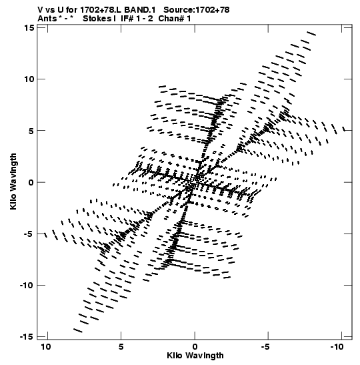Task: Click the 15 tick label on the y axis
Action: pyautogui.click(x=29, y=28)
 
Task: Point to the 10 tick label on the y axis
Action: pyautogui.click(x=29, y=79)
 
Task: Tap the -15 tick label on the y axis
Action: pyautogui.click(x=27, y=337)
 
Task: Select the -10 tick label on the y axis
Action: pyautogui.click(x=27, y=285)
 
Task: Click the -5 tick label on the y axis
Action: pyautogui.click(x=29, y=234)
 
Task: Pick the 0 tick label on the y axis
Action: pyautogui.click(x=31, y=182)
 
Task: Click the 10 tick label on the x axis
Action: pyautogui.click(x=46, y=347)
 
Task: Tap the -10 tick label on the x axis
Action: pyautogui.click(x=337, y=347)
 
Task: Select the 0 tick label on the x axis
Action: pyautogui.click(x=195, y=347)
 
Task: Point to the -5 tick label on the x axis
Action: pyautogui.click(x=265, y=347)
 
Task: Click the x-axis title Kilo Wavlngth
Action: pyautogui.click(x=195, y=356)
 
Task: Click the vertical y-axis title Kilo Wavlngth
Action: pyautogui.click(x=13, y=181)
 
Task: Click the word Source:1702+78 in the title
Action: pyautogui.click(x=197, y=10)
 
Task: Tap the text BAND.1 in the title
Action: pyautogui.click(x=140, y=10)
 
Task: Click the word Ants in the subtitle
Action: pyautogui.click(x=47, y=19)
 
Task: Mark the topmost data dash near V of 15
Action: pyautogui.click(x=311, y=33)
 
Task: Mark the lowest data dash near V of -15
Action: pyautogui.click(x=78, y=330)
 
